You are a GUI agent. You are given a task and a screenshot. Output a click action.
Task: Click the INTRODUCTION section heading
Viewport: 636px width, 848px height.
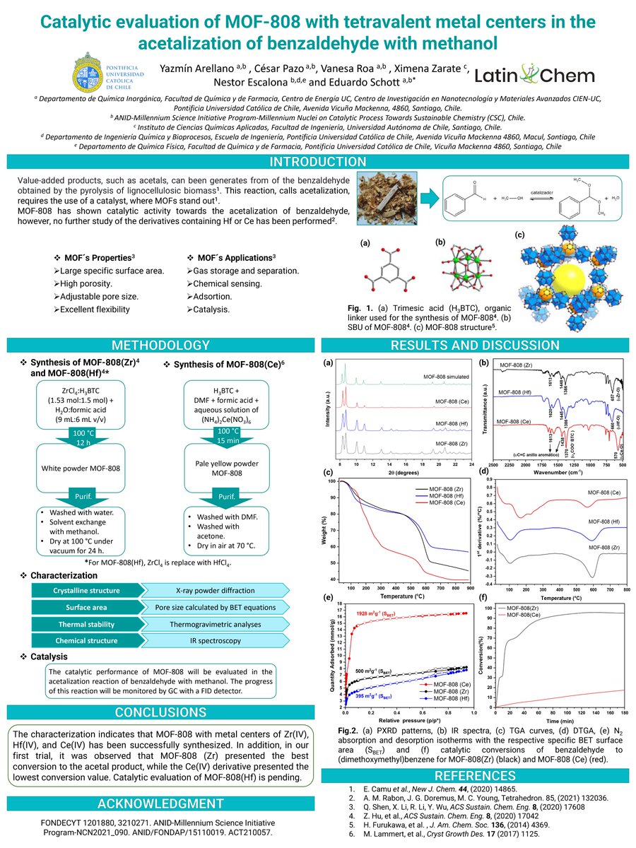click(317, 162)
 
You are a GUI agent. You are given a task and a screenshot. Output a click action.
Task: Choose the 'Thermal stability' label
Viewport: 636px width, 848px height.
click(86, 624)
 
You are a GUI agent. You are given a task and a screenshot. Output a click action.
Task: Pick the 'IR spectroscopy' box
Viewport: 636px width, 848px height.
click(214, 641)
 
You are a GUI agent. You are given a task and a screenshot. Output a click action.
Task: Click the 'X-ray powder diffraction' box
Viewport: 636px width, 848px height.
click(214, 591)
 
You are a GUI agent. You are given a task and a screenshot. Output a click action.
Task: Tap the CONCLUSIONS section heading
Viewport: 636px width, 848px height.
click(160, 711)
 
